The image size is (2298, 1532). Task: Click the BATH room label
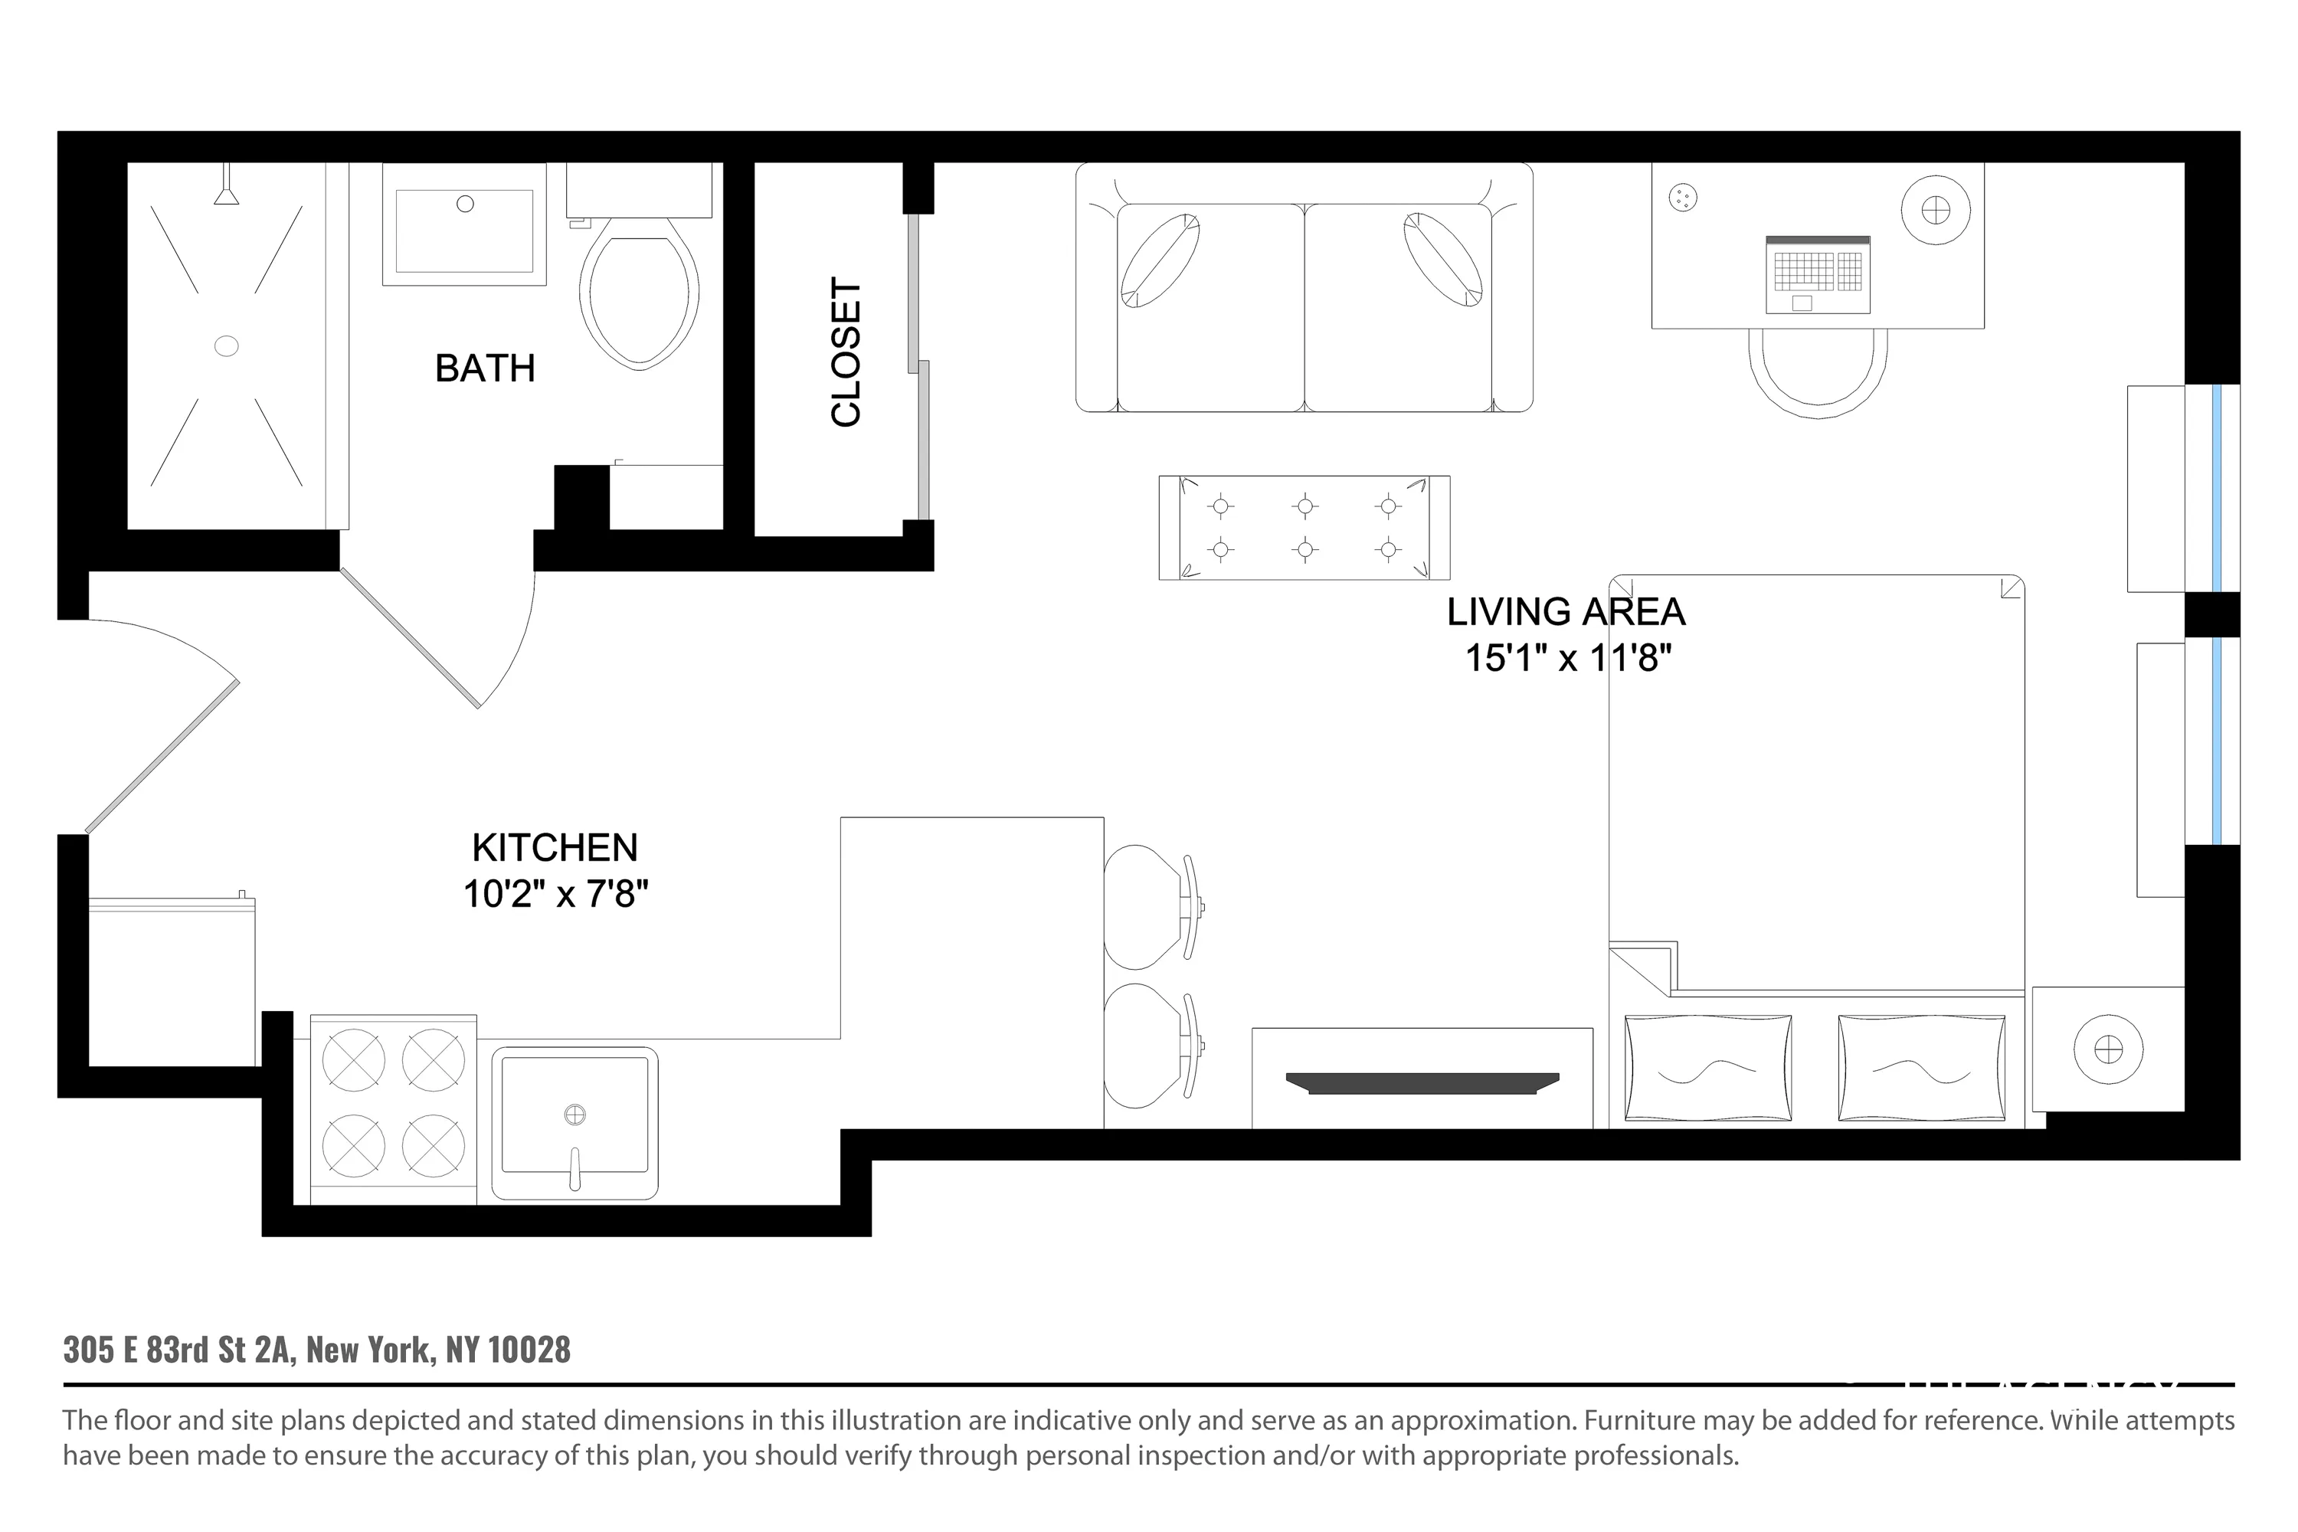click(x=485, y=368)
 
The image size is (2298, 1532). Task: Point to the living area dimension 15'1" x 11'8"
click(x=1567, y=657)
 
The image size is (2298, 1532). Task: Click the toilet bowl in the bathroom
click(x=639, y=294)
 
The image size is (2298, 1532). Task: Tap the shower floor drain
click(x=226, y=346)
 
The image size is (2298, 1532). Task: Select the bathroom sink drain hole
click(x=465, y=205)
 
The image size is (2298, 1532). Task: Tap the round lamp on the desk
click(x=1935, y=210)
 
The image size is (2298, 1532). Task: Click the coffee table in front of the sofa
click(x=1304, y=529)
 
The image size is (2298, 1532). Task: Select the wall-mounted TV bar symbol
click(x=1422, y=1082)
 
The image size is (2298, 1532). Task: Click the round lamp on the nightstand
click(x=2109, y=1050)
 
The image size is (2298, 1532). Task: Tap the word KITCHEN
click(x=554, y=847)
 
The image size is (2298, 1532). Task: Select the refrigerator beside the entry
click(x=172, y=982)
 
